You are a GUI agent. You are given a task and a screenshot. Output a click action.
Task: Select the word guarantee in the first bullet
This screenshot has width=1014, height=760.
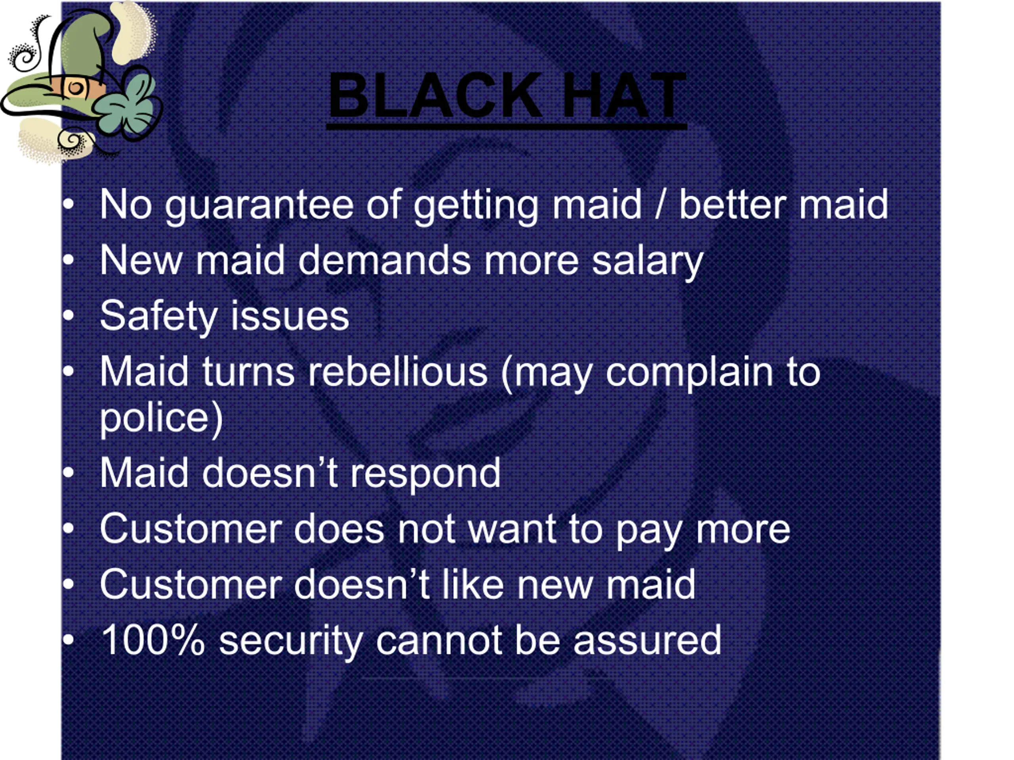[x=259, y=205]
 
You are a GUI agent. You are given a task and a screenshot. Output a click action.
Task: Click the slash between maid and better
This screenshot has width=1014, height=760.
[x=660, y=204]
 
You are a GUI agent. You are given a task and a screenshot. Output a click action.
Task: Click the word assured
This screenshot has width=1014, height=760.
[x=647, y=640]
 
